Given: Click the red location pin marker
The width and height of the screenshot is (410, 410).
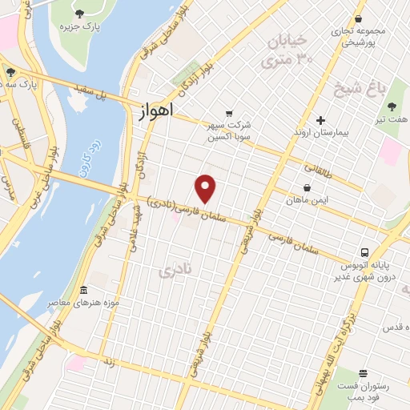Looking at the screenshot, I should coord(206,189).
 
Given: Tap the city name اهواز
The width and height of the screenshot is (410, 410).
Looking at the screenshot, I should coord(150,114).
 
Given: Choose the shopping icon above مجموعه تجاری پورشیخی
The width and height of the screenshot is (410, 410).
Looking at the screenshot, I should coord(358,18).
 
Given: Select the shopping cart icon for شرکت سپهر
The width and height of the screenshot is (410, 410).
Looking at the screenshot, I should coord(230,113).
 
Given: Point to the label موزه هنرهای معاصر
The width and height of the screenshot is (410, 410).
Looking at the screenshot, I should coord(84,303).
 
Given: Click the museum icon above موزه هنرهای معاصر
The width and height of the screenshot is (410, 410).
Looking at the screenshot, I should coord(84,290).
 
